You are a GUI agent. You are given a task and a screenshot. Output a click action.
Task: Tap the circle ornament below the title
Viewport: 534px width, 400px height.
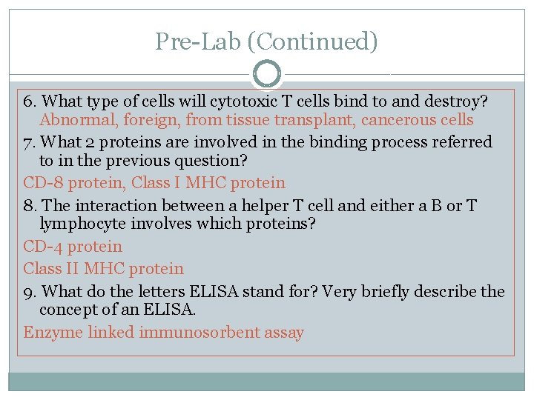click(x=267, y=75)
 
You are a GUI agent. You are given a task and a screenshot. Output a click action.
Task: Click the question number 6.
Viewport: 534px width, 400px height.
click(x=28, y=99)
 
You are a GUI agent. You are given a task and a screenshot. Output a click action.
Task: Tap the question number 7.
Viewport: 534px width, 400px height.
click(x=28, y=141)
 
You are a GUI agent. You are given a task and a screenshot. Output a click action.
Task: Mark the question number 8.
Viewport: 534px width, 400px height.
click(x=28, y=204)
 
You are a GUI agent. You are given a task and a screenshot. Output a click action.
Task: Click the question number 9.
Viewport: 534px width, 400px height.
click(x=28, y=291)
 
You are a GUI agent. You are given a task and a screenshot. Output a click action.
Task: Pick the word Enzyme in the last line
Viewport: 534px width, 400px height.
click(x=53, y=333)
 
